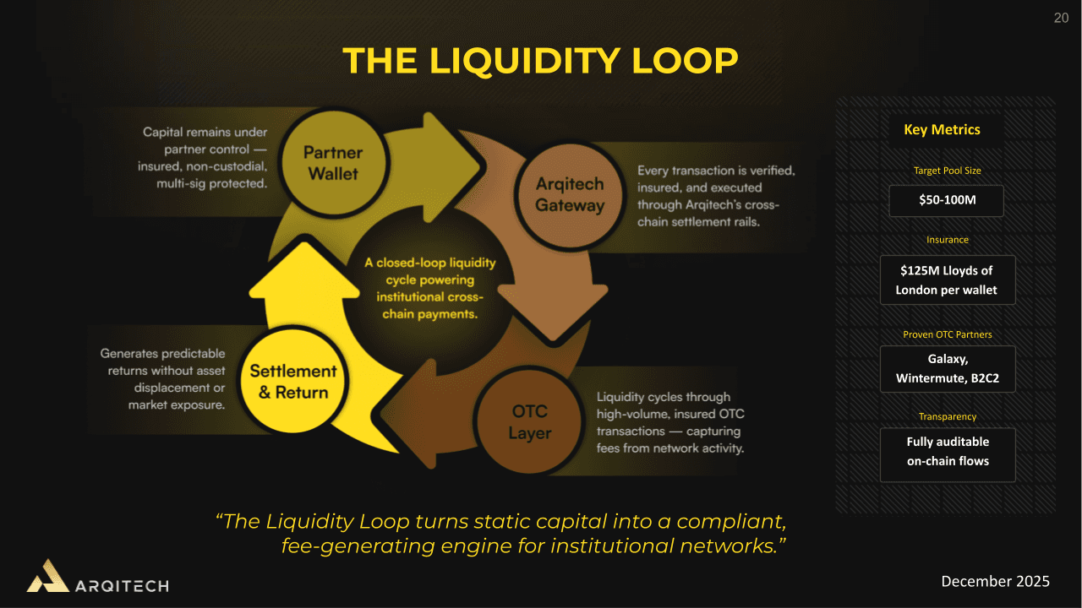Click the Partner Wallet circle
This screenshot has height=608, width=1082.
tap(332, 163)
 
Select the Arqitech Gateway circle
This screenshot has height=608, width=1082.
tap(570, 195)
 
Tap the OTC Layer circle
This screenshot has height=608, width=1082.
tap(530, 422)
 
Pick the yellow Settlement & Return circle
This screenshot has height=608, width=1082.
tap(292, 382)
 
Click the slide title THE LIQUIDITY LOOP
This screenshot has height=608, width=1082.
tap(540, 61)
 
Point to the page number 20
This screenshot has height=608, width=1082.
tap(1060, 19)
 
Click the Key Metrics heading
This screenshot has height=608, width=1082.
tap(942, 130)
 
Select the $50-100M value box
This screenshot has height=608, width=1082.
tap(947, 202)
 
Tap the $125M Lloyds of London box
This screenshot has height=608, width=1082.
tap(947, 280)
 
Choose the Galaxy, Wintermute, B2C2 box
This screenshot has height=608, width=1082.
tap(947, 369)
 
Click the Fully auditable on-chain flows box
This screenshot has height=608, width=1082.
tap(947, 452)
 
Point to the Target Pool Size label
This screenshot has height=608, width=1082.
tap(947, 171)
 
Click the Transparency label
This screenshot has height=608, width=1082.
tap(947, 416)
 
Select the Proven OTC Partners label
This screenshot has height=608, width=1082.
tap(947, 334)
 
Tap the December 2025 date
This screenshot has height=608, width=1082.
tap(995, 581)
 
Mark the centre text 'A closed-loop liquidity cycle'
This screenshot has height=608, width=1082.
tap(430, 288)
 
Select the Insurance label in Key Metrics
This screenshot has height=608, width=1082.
tap(947, 240)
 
